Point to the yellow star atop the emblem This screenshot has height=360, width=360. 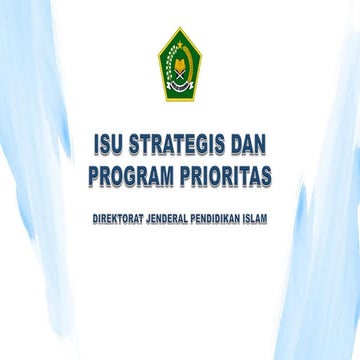pos(181,40)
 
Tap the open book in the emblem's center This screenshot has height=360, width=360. pos(181,70)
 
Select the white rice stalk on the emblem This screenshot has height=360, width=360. pos(168,68)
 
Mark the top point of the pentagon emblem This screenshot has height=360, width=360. pos(181,29)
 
